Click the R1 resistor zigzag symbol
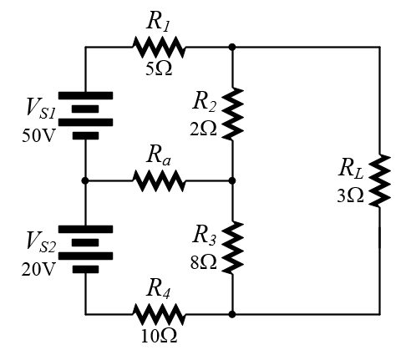pos(159,47)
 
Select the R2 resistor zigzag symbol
pos(232,114)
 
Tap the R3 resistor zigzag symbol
pos(232,247)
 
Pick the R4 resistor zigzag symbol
pos(159,314)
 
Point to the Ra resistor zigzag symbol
pos(159,180)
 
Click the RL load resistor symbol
pos(379,180)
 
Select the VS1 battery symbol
pos(85,115)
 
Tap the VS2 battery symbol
pos(85,249)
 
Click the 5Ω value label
pos(159,68)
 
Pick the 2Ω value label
pos(203,129)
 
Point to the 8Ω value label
pos(203,262)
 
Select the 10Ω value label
pos(159,336)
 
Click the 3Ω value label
pos(350,195)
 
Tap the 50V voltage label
pos(38,135)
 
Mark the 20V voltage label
pos(38,269)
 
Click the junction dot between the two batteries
pos(85,180)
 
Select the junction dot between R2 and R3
pos(232,180)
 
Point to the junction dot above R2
pos(232,47)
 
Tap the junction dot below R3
pos(232,314)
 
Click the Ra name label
pos(159,155)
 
